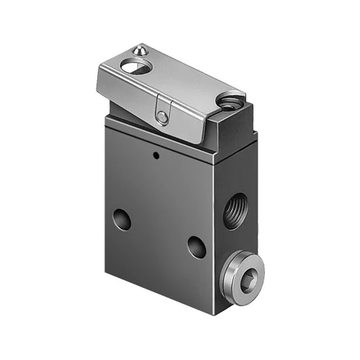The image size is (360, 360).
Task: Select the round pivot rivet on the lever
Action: (x=164, y=118)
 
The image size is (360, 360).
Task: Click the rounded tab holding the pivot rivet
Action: (x=163, y=115)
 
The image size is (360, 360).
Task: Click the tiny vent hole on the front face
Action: (x=155, y=154)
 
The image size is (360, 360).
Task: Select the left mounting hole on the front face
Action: (x=122, y=219)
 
